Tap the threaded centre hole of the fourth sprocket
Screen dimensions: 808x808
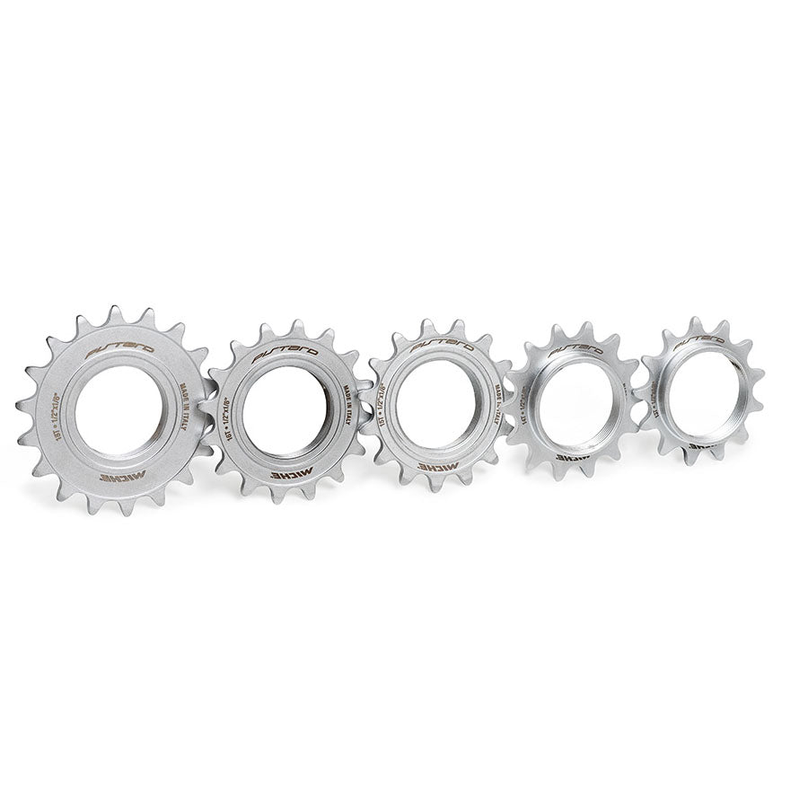tap(572, 402)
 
